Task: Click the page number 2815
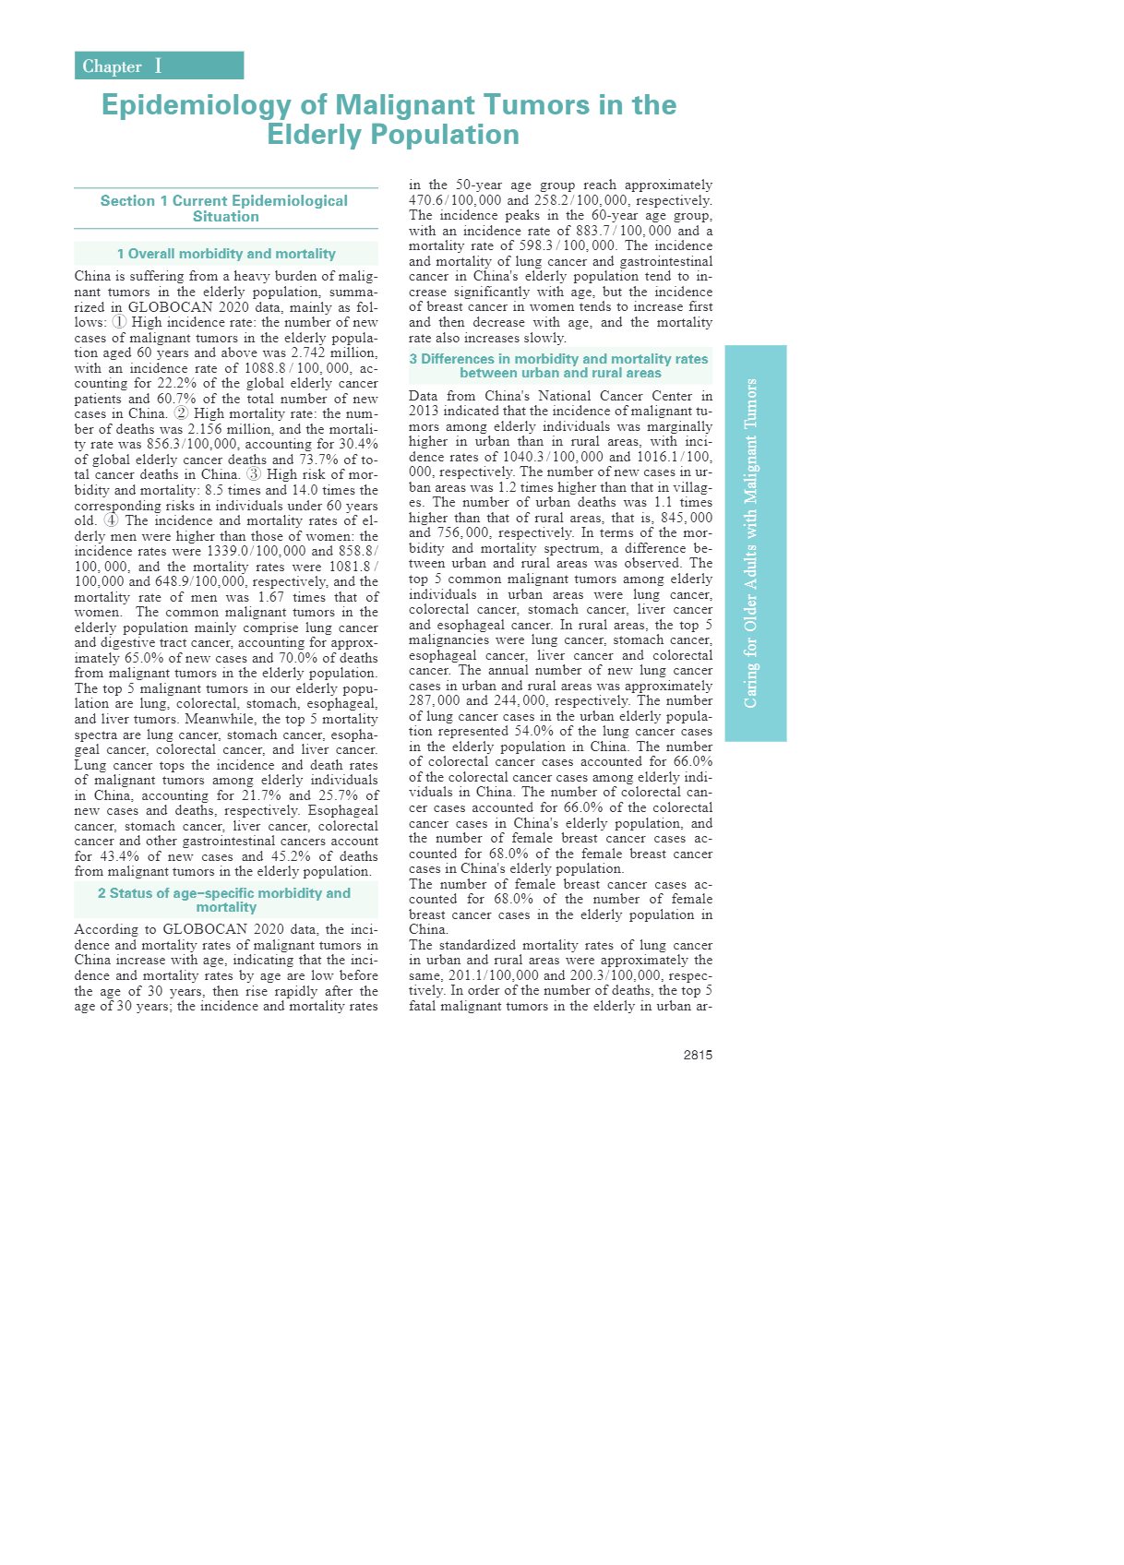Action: [698, 1055]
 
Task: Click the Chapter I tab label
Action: [122, 66]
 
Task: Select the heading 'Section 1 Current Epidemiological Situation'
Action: [225, 209]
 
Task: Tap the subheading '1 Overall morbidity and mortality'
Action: [226, 254]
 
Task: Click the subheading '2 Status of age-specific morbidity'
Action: [225, 900]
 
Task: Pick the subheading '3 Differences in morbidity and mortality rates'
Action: [559, 365]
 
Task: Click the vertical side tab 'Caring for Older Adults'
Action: [751, 544]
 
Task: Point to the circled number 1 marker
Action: [119, 322]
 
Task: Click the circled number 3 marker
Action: [254, 474]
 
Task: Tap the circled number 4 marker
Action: [111, 520]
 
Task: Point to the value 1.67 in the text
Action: [271, 597]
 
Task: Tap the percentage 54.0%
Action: [532, 731]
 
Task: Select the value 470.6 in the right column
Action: [428, 200]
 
